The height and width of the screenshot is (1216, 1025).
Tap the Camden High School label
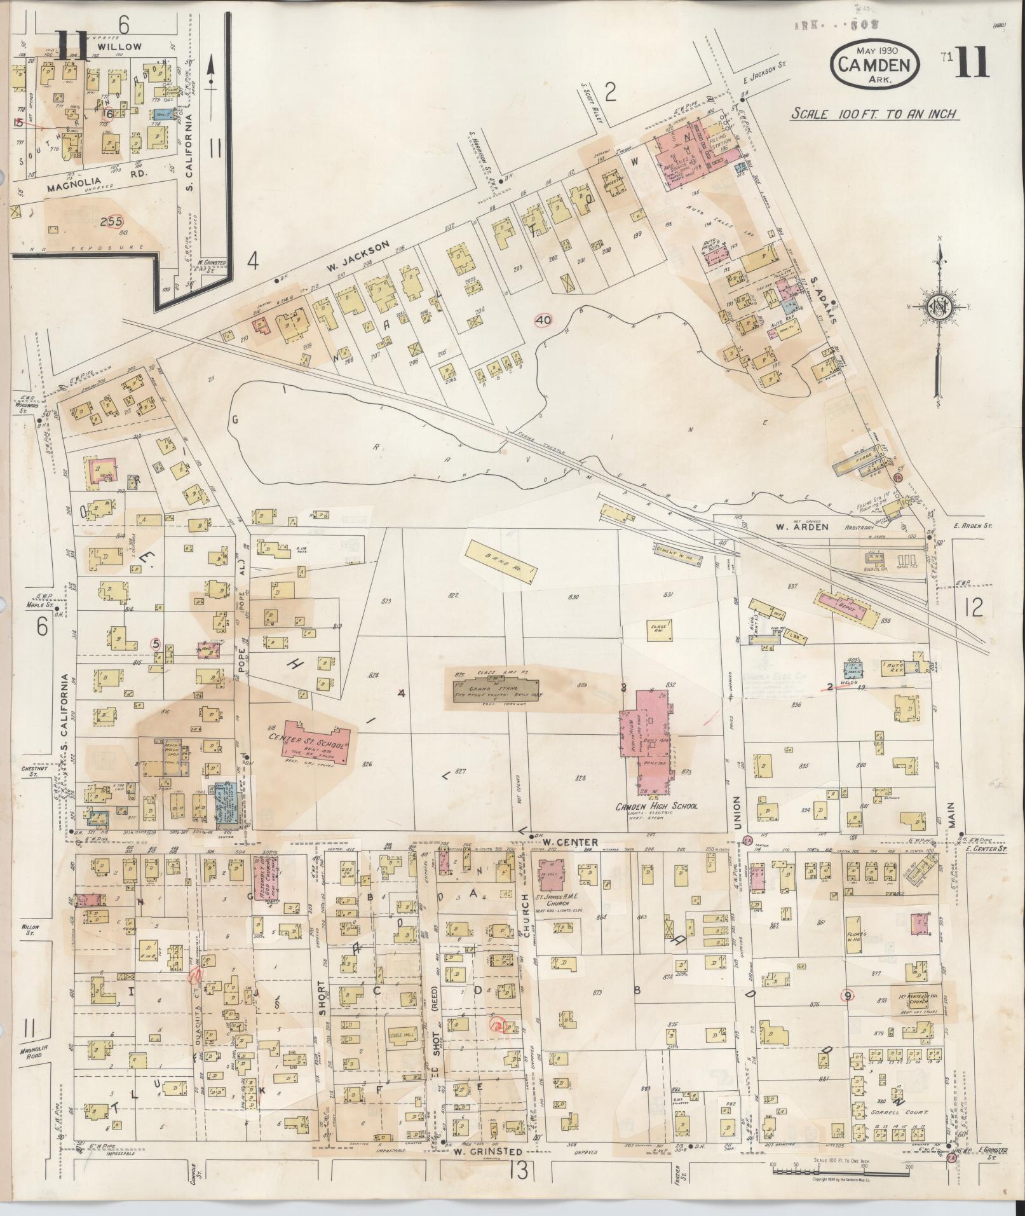[x=656, y=806]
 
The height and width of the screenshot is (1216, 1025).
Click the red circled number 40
[x=543, y=320]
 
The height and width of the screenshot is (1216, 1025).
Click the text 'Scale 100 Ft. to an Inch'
[x=874, y=114]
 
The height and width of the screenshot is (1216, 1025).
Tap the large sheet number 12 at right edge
[x=973, y=608]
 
